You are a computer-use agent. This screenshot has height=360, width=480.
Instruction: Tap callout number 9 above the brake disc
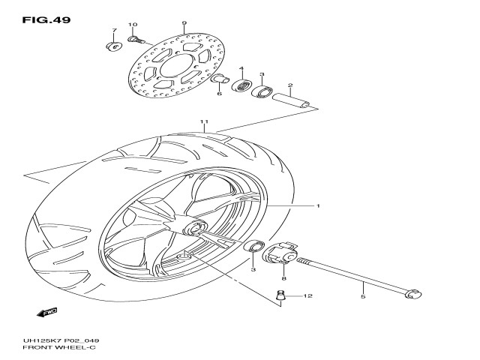coord(184,24)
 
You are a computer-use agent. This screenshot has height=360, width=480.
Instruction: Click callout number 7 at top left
coord(115,31)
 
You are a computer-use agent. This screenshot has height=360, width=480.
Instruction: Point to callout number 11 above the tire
coord(202,121)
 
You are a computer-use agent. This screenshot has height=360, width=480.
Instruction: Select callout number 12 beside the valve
coord(307,297)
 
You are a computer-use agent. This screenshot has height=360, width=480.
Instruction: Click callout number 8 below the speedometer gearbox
coord(283,278)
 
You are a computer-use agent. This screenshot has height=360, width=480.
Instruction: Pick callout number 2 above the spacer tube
coord(289,85)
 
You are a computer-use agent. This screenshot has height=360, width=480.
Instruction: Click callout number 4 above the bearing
coord(241,69)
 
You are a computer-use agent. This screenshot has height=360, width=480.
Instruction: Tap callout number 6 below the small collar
coord(219,94)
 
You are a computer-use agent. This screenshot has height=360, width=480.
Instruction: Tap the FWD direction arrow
coord(48,311)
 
